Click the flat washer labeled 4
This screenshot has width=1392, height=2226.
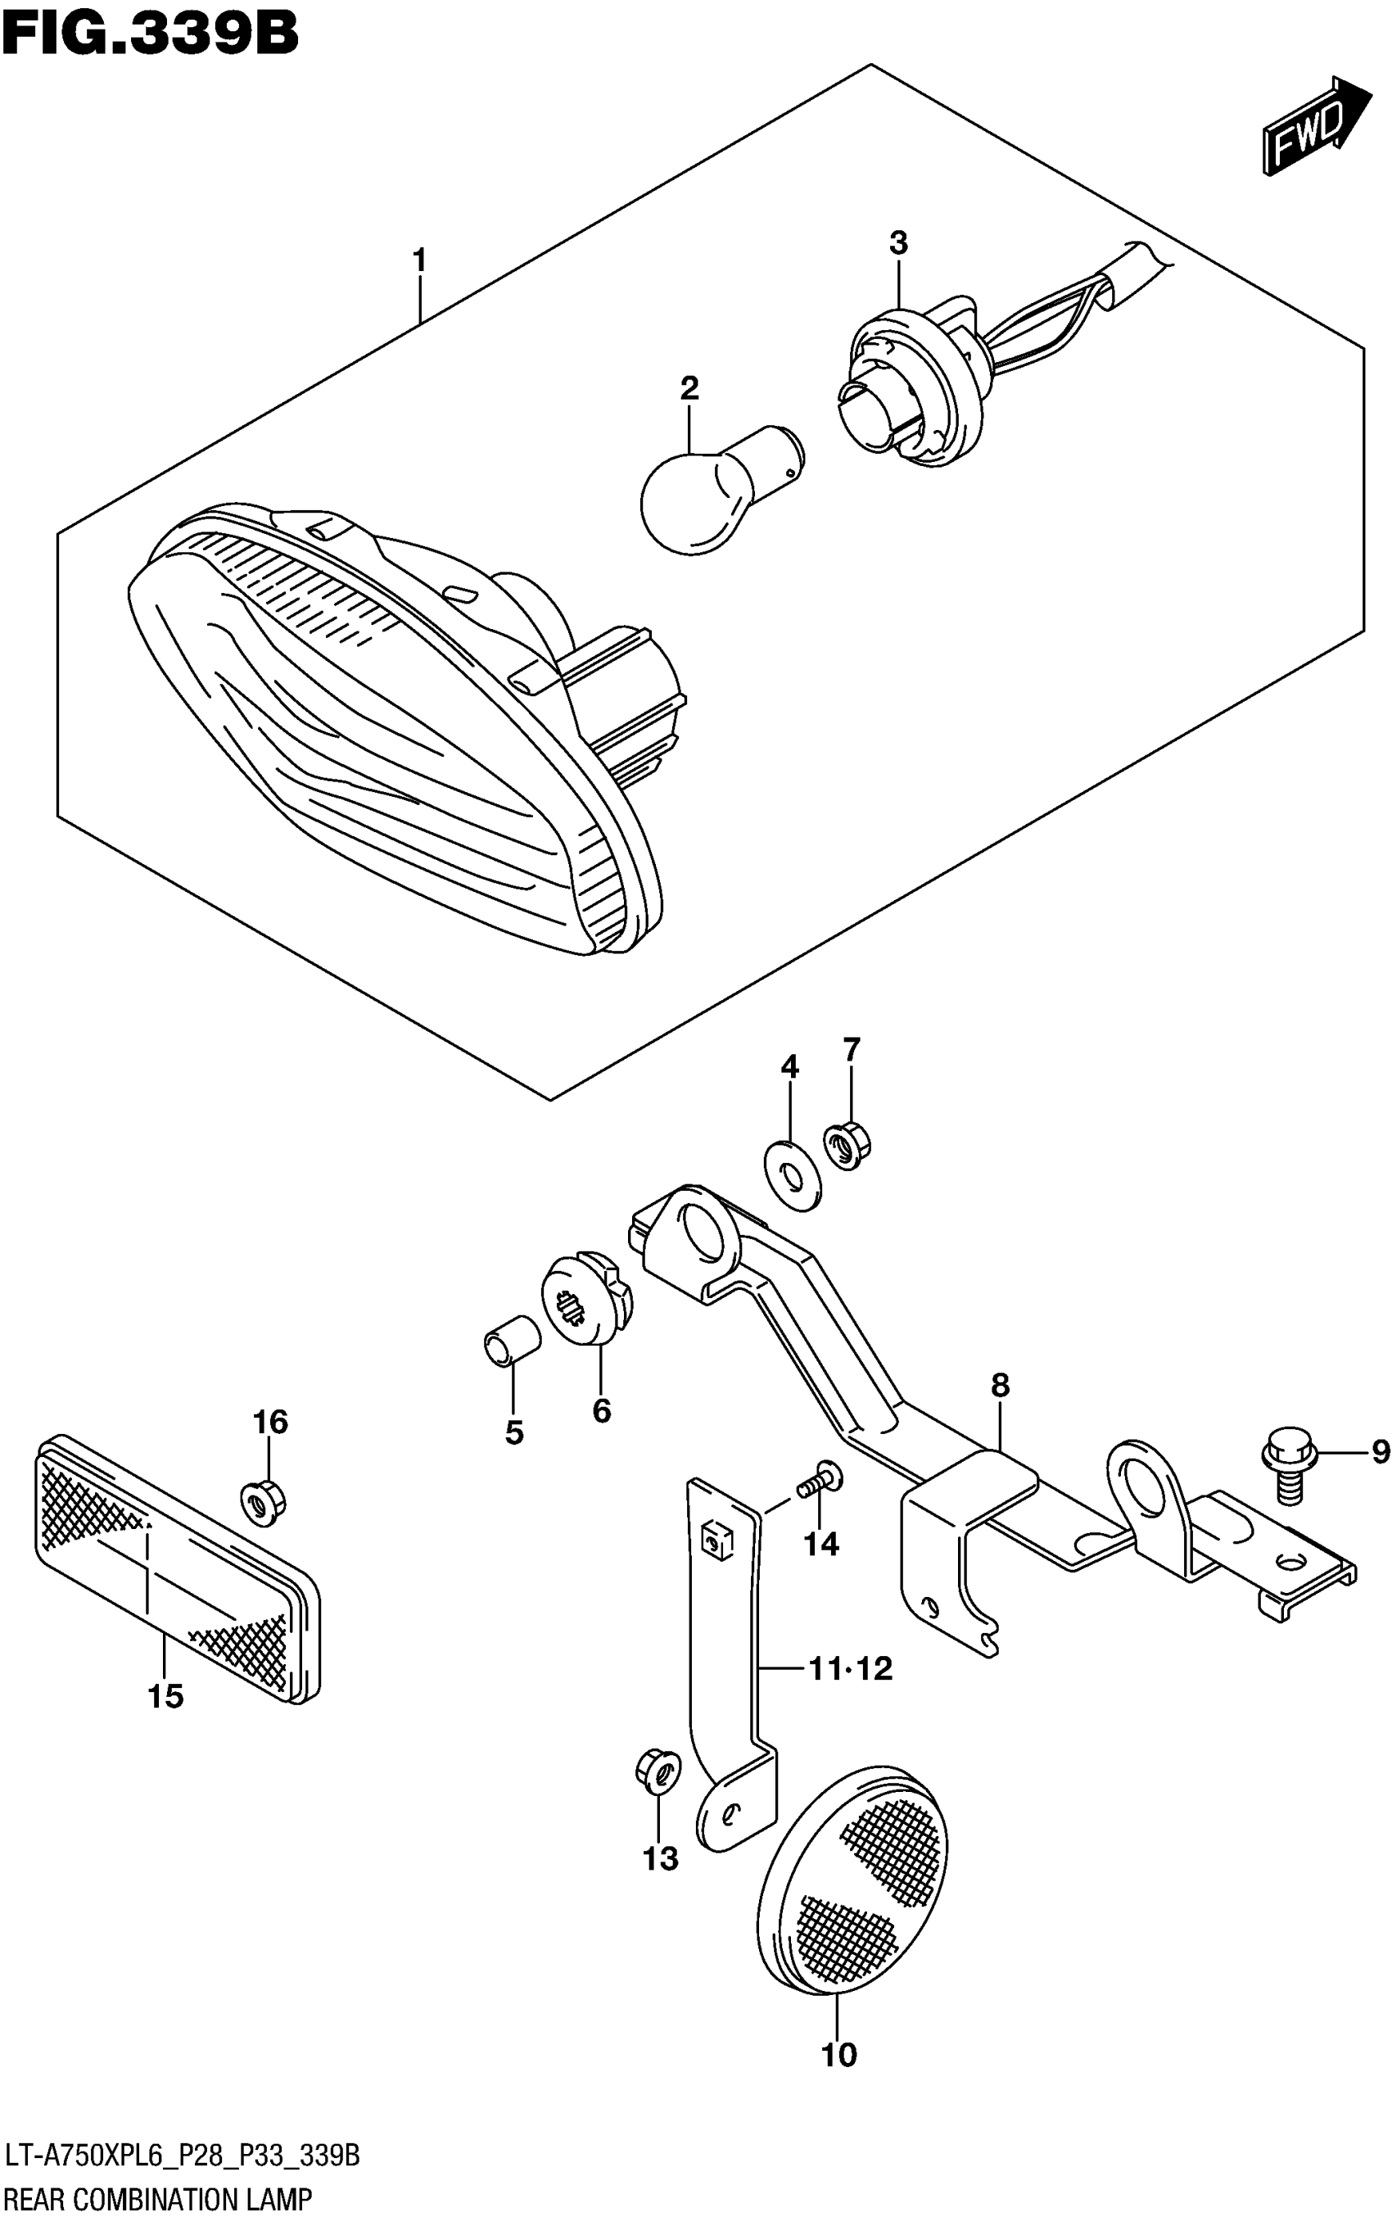792,1177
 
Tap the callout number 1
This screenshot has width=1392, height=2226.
420,261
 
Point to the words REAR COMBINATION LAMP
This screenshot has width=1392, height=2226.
157,2201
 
